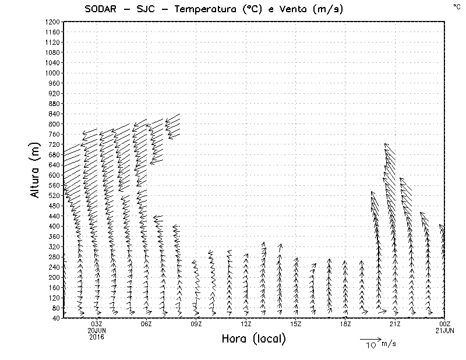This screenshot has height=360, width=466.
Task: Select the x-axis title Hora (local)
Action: [x=254, y=338]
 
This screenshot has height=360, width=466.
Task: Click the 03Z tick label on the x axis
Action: [x=97, y=324]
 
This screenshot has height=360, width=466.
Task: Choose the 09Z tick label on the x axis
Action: [x=196, y=324]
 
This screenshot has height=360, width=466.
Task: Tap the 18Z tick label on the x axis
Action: [x=345, y=324]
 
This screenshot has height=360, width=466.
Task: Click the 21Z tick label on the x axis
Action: [x=395, y=324]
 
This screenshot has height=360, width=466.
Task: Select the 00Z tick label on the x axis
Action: [x=445, y=324]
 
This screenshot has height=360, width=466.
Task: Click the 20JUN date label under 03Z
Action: [x=97, y=331]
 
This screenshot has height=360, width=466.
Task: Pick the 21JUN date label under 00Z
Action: [x=445, y=331]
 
